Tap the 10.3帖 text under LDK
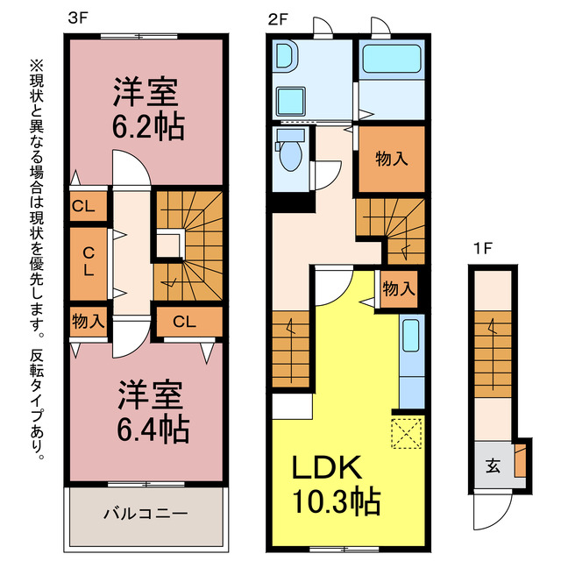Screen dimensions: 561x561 pos(336,501)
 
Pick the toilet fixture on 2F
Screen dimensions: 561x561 pos(290,154)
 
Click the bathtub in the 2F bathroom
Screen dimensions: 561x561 pos(393,60)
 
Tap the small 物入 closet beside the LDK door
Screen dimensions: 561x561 pos(398,288)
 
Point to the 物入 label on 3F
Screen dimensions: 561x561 pos(88,322)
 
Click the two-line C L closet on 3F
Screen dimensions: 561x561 pos(88,260)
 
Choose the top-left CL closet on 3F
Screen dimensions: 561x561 pos(88,208)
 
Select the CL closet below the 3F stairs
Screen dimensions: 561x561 pos(183,322)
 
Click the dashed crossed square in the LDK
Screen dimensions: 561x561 pos(407,432)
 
